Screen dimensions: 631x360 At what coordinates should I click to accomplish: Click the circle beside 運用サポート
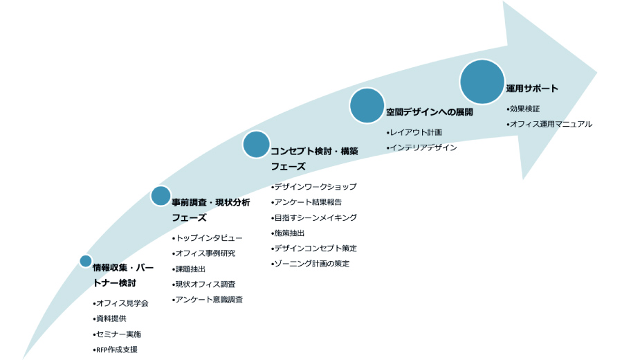[482, 82]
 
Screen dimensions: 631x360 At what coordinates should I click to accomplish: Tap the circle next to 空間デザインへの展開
[367, 105]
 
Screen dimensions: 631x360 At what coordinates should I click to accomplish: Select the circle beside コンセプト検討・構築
[256, 144]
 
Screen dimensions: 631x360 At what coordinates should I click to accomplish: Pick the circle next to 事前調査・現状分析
[161, 196]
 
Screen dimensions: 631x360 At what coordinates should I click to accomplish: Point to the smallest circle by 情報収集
[86, 261]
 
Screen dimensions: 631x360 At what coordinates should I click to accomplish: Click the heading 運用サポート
[532, 89]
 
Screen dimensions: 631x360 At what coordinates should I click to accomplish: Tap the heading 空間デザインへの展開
[430, 112]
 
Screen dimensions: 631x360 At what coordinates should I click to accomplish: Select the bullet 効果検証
[523, 109]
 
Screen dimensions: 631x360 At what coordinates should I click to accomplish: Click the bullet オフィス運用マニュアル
[549, 124]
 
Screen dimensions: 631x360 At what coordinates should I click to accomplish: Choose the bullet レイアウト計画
[414, 132]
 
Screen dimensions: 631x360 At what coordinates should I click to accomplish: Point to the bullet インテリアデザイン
[422, 147]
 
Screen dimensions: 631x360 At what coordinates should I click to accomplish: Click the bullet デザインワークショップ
[314, 186]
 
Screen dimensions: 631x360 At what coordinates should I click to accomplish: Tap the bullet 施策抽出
[288, 233]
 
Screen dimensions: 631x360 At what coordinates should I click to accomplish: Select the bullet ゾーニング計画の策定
[310, 263]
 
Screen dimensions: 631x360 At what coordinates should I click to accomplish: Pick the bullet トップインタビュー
[208, 238]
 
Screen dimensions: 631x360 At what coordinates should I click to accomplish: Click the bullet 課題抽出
[189, 269]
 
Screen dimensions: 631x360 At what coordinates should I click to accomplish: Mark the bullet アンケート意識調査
[208, 299]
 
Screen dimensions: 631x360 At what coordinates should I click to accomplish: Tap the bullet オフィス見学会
[120, 303]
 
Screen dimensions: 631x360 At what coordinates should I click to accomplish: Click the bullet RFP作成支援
[115, 350]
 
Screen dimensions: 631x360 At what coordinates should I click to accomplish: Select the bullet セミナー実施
[117, 334]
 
